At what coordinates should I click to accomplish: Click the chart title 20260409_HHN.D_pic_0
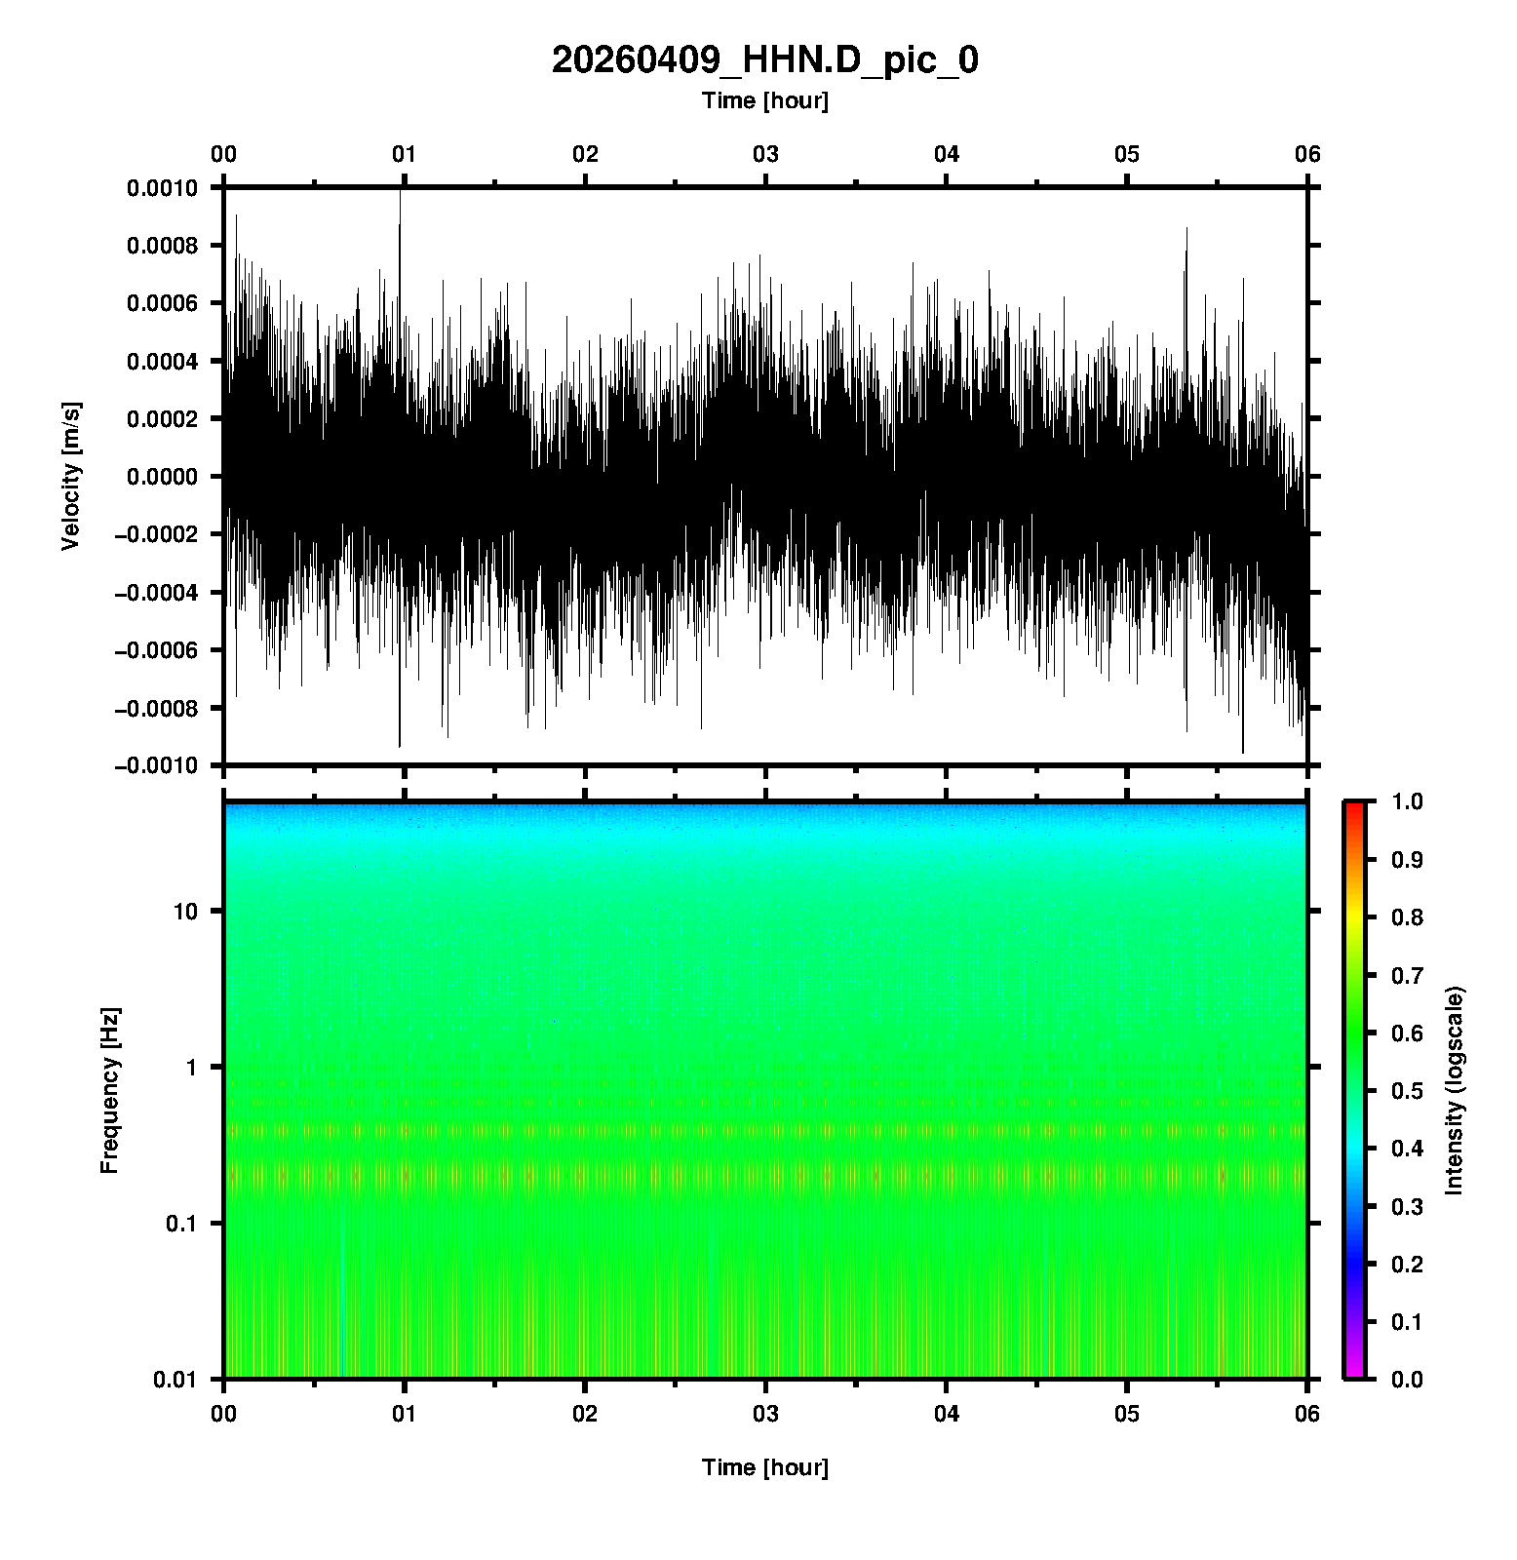pos(764,60)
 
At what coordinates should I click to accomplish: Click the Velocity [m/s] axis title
pos(71,476)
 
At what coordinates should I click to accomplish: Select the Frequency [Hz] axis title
pos(109,1090)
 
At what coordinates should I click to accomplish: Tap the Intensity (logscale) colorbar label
pos(1455,1090)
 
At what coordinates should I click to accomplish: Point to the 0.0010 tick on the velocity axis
pos(162,188)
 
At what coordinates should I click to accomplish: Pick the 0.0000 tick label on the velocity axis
pos(162,477)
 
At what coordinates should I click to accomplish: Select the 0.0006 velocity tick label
pos(162,303)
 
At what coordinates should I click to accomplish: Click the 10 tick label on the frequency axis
pos(185,912)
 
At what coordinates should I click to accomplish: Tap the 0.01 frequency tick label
pos(175,1379)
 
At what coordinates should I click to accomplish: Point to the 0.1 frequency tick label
pos(180,1223)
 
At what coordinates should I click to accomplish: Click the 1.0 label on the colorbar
pos(1409,801)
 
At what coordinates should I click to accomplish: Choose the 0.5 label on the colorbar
pos(1409,1090)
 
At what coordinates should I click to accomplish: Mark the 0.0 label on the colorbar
pos(1409,1379)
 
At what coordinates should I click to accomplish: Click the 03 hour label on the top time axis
pos(765,154)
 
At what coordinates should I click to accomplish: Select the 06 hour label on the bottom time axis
pos(1307,1414)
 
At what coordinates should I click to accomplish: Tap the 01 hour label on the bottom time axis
pos(405,1414)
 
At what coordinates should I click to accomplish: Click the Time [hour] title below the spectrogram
pos(764,1467)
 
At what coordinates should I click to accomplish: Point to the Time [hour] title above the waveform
pos(764,100)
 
